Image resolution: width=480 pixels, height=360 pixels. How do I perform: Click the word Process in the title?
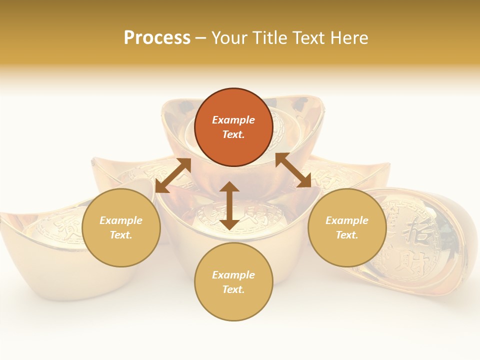pyautogui.click(x=157, y=38)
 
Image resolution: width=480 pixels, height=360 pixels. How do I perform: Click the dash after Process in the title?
pyautogui.click(x=201, y=39)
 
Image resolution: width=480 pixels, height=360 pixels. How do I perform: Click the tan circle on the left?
pyautogui.click(x=121, y=227)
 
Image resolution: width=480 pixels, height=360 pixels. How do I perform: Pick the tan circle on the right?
pyautogui.click(x=346, y=227)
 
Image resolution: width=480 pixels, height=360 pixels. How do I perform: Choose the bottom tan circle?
pyautogui.click(x=233, y=281)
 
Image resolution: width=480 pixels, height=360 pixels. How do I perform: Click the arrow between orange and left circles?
pyautogui.click(x=173, y=175)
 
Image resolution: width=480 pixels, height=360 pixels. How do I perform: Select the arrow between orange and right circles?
pyautogui.click(x=293, y=170)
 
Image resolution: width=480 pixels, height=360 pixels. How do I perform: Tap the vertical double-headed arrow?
pyautogui.click(x=229, y=205)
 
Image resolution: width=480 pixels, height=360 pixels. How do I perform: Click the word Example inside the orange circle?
pyautogui.click(x=233, y=120)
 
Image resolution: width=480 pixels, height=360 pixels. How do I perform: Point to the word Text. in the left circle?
pyautogui.click(x=121, y=235)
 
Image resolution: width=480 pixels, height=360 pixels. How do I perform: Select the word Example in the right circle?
pyautogui.click(x=346, y=220)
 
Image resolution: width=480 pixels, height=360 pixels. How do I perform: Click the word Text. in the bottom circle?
pyautogui.click(x=233, y=289)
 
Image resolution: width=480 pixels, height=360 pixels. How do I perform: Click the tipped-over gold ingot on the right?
pyautogui.click(x=425, y=245)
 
